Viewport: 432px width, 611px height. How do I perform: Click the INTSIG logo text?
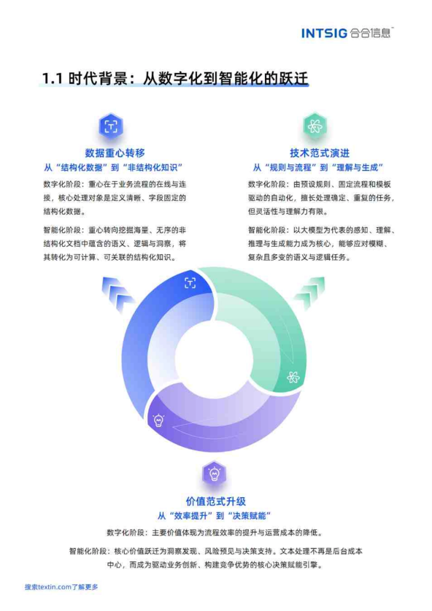[324, 33]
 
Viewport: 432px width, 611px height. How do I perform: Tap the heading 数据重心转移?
[115, 153]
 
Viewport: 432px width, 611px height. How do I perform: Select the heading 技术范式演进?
[320, 153]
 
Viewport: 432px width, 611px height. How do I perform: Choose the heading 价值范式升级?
[216, 501]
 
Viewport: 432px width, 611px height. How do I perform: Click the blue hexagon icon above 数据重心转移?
[111, 126]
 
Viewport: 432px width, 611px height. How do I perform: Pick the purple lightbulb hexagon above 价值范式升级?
[215, 473]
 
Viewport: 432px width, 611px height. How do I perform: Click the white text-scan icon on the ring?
[190, 283]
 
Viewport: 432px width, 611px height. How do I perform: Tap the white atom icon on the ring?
[293, 377]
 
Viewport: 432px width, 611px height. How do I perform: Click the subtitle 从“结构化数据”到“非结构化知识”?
[113, 168]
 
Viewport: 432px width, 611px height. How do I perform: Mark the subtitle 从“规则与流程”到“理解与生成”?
[318, 168]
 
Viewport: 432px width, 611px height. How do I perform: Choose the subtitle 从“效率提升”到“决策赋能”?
[214, 516]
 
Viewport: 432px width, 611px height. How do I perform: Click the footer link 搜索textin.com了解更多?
[62, 587]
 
